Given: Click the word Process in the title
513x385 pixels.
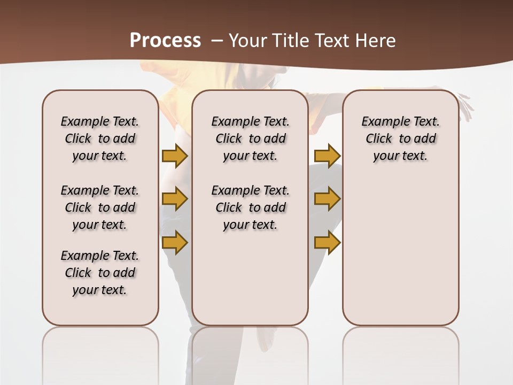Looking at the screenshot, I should click(x=165, y=41).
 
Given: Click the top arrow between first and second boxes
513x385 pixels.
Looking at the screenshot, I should click(x=175, y=156).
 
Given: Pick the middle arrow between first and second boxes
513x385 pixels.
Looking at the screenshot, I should click(x=175, y=199).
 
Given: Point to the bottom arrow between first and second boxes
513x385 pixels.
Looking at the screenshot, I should click(x=175, y=242).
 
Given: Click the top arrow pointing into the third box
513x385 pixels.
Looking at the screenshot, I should click(x=327, y=156).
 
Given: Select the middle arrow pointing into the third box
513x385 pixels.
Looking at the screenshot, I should click(x=327, y=199).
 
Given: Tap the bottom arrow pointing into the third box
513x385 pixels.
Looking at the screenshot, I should click(x=327, y=242).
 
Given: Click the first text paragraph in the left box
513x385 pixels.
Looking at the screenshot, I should click(x=100, y=138).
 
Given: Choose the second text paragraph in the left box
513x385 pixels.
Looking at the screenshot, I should click(x=100, y=207).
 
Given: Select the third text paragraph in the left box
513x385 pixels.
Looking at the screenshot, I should click(x=100, y=273).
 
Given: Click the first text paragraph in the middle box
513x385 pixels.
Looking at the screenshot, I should click(x=250, y=138).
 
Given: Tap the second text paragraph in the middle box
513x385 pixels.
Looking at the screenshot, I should click(x=250, y=207).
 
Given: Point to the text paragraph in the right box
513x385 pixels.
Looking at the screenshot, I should click(x=400, y=138).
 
